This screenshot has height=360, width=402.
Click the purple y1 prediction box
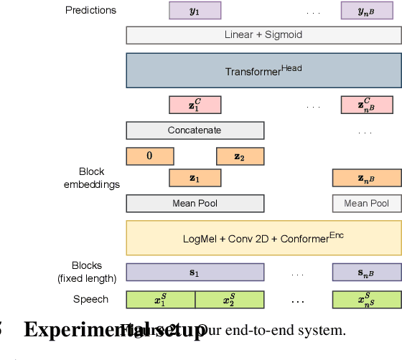[x=195, y=10]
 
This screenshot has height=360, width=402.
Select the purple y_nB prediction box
[x=367, y=10]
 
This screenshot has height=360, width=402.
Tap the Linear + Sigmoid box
[x=263, y=35]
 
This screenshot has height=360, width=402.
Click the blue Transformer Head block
[x=263, y=70]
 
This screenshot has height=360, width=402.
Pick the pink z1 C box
[x=195, y=105]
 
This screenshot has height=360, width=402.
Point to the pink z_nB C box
[x=367, y=105]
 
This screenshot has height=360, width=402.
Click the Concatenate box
[x=195, y=131]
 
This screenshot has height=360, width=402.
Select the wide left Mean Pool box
[x=195, y=204]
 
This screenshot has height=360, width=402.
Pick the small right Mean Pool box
[x=367, y=204]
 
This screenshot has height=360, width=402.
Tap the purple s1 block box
[x=195, y=273]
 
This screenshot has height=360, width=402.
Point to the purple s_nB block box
[x=367, y=273]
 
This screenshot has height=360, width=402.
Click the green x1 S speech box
[x=161, y=300]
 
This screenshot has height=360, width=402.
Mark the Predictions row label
[x=90, y=10]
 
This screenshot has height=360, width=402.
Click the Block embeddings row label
[x=91, y=178]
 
